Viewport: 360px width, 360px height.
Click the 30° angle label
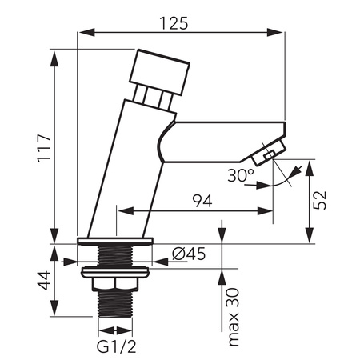click(x=241, y=174)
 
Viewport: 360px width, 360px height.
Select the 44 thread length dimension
click(x=44, y=281)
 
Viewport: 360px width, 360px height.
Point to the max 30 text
click(x=234, y=315)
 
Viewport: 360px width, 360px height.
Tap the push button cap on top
click(x=162, y=71)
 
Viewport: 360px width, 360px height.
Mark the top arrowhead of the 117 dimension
click(x=55, y=54)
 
